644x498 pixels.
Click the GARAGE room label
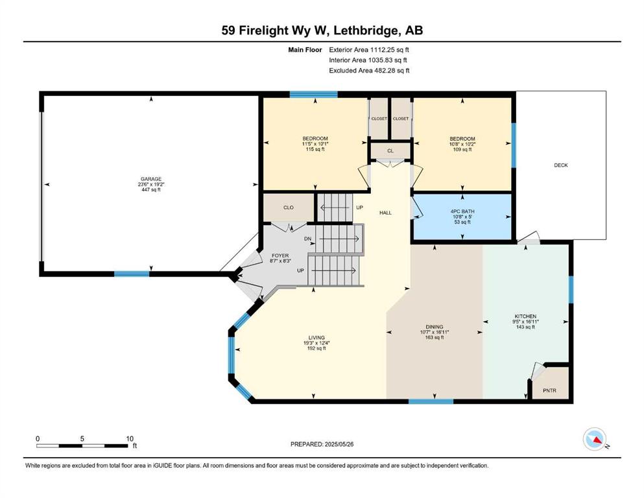click(151, 179)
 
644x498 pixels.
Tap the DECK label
click(560, 165)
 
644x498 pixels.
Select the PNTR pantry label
click(549, 390)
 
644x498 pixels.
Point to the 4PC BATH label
click(462, 211)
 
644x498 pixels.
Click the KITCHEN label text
click(525, 316)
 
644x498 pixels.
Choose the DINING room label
click(435, 327)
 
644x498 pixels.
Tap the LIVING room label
click(316, 337)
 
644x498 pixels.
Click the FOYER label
click(280, 255)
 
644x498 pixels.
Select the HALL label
click(386, 213)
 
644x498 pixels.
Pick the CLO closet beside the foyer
click(289, 207)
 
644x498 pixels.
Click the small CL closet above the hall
click(390, 150)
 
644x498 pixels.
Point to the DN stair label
click(307, 239)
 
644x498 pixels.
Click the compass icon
click(595, 439)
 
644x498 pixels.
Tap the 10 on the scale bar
click(130, 439)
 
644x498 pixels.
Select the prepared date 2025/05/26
click(339, 444)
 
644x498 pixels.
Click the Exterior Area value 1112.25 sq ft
click(390, 50)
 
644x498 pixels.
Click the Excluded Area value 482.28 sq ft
click(392, 70)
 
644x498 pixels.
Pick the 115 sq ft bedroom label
click(315, 149)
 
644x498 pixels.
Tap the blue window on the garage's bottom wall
click(132, 274)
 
